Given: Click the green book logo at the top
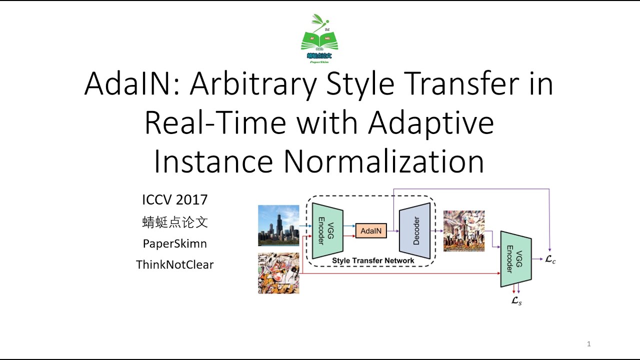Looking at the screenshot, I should [319, 38].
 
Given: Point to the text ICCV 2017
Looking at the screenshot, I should [174, 200].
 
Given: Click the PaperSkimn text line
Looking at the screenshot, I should [174, 243].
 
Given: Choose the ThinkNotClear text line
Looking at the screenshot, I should [174, 265].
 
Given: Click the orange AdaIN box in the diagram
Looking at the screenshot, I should [371, 231].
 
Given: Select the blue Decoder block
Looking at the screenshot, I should [415, 231].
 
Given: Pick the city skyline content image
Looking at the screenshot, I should [278, 225].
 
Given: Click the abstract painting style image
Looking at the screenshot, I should [278, 273].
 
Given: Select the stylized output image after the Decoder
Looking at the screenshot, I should [464, 231].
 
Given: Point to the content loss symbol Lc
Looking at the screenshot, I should [550, 259].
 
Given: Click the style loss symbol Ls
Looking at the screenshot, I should [516, 301].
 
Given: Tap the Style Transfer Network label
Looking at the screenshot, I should [373, 260].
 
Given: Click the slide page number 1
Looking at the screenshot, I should [589, 344].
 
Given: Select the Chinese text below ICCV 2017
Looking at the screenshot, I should [174, 222].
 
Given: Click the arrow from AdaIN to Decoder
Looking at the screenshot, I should [393, 231].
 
